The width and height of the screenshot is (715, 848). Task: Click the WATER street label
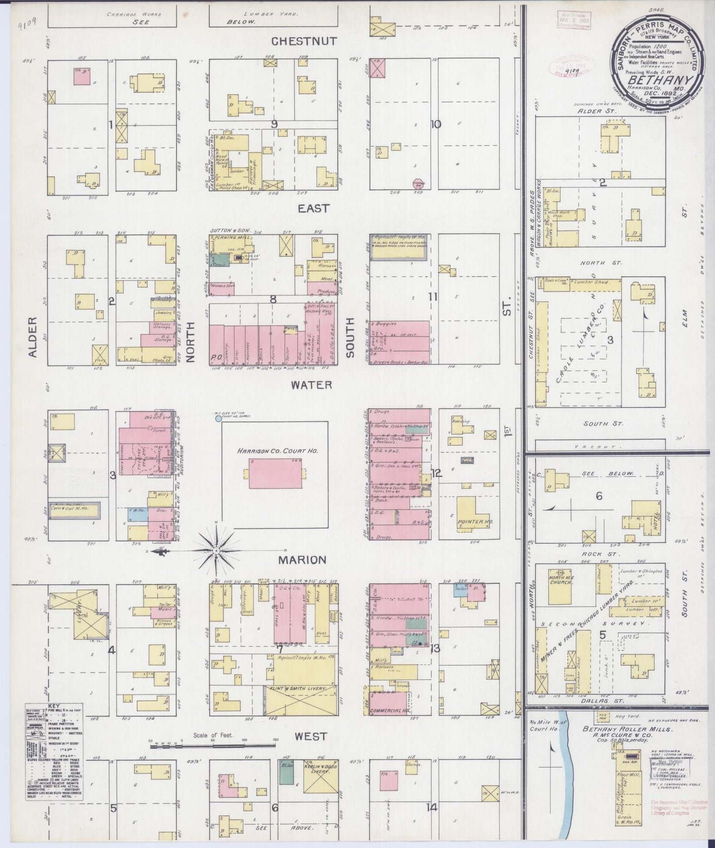(x=311, y=384)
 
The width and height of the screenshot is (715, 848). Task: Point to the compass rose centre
(x=216, y=550)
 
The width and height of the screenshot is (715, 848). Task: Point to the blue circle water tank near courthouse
(x=218, y=419)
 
